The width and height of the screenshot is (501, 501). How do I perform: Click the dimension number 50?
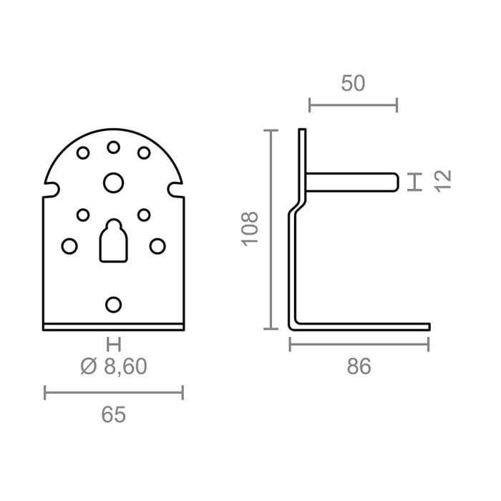point(353,83)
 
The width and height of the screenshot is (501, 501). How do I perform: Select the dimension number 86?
point(359,367)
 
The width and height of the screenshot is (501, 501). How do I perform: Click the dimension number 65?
point(114,414)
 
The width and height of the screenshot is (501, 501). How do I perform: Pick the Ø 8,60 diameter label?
point(114,367)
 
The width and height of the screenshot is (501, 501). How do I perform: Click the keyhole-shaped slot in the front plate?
point(112,240)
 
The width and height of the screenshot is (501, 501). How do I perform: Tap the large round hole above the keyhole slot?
point(112,183)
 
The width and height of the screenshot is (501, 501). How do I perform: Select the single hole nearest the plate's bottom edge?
point(112,303)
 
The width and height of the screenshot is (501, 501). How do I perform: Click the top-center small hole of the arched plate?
point(113,147)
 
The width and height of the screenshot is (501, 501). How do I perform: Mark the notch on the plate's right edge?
point(173,190)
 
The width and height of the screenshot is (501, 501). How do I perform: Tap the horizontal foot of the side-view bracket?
point(365,327)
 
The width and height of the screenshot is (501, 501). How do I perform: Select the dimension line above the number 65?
point(114,391)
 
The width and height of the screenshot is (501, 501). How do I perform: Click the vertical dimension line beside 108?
point(271,230)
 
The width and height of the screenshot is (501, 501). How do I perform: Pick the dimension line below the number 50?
point(353,106)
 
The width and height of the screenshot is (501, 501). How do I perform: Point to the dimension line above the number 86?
point(359,345)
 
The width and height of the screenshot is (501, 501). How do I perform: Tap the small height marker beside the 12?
point(413,182)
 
